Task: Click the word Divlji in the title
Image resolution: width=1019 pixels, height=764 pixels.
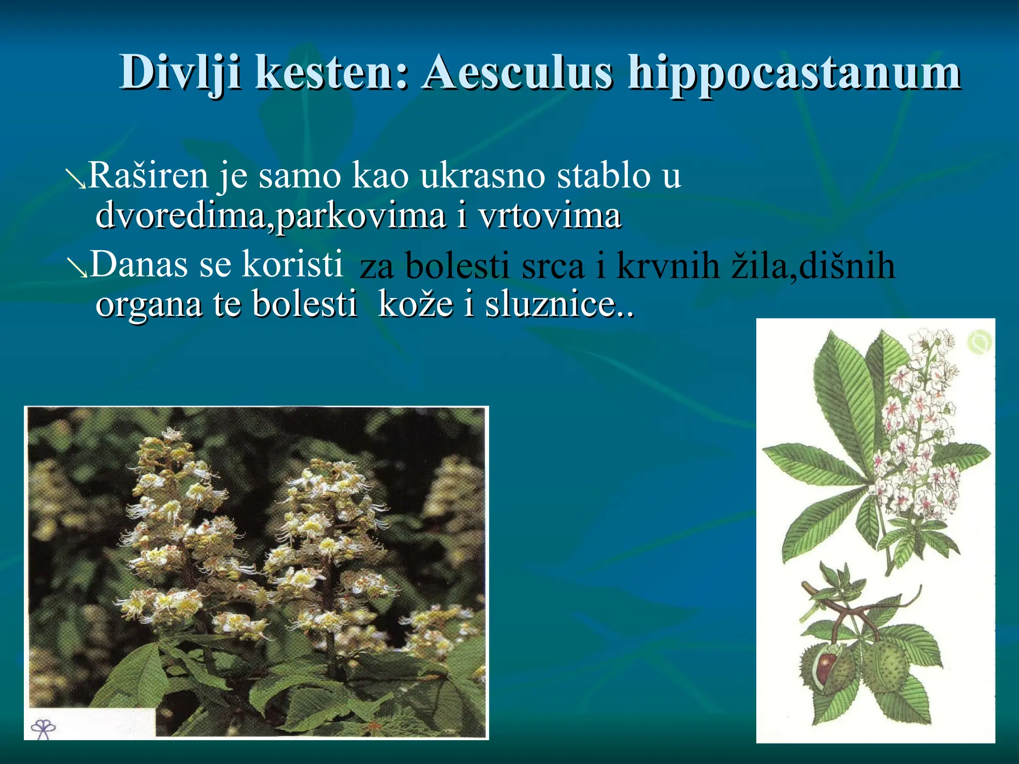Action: [x=181, y=74]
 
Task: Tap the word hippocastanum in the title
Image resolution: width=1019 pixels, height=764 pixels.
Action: [x=794, y=74]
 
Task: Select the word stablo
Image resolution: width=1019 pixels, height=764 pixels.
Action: [x=603, y=176]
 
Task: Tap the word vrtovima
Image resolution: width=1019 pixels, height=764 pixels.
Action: [x=549, y=216]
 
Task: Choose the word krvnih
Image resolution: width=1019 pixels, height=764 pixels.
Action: [x=668, y=266]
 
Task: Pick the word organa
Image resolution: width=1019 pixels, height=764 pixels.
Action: [x=149, y=304]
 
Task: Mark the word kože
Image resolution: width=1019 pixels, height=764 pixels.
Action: [x=415, y=304]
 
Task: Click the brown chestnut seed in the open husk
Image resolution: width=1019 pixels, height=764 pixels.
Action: [x=826, y=667]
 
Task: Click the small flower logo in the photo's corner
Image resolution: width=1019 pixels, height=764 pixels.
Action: [x=43, y=729]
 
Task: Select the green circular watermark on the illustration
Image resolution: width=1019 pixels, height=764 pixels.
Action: [x=979, y=342]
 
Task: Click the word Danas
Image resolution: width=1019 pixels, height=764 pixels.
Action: [x=139, y=265]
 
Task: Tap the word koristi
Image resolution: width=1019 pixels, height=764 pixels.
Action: [x=292, y=265]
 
